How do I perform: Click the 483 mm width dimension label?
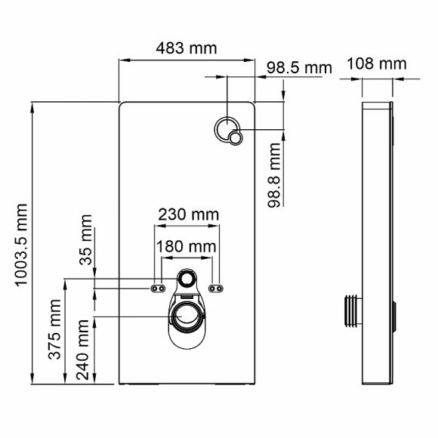click(186, 48)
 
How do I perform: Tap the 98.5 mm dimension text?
click(299, 67)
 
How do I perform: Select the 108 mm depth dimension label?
click(376, 63)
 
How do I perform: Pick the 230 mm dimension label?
click(187, 215)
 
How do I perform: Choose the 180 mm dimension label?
click(186, 246)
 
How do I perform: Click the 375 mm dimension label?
click(55, 339)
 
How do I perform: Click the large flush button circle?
click(225, 128)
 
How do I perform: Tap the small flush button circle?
click(237, 137)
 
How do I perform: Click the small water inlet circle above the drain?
click(187, 279)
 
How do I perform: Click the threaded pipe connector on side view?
click(349, 310)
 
